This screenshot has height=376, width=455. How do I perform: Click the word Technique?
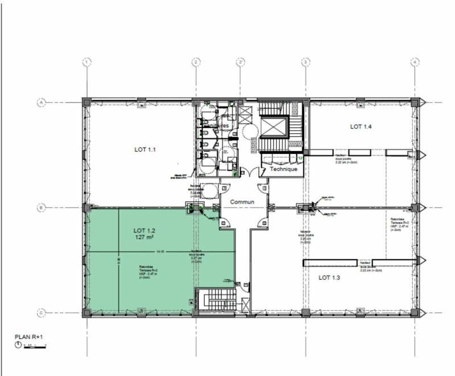coord(283,169)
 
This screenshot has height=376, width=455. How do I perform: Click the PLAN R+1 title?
coord(29,336)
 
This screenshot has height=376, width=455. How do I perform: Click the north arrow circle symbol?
coord(18,345)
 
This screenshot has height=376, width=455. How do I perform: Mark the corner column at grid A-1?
coord(86,103)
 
